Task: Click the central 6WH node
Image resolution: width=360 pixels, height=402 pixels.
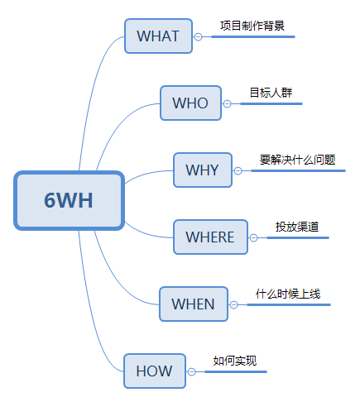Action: (69, 200)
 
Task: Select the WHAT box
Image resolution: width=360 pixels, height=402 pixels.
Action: (158, 36)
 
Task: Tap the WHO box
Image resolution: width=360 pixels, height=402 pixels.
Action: (190, 103)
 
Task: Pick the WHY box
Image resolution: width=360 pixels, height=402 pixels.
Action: (203, 170)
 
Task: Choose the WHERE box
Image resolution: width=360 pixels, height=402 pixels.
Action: (210, 237)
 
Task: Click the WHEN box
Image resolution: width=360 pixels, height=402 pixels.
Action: (194, 304)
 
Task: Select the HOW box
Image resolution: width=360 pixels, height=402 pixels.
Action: (155, 371)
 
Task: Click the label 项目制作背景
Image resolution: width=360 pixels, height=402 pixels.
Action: (252, 26)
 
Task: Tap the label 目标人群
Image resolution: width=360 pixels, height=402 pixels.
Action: (271, 93)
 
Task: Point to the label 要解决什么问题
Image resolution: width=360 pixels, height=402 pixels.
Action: (297, 160)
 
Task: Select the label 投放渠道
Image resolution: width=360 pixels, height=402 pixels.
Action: (297, 227)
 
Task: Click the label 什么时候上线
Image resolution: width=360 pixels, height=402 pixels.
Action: (288, 294)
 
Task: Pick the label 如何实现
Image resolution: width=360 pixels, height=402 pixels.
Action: (235, 361)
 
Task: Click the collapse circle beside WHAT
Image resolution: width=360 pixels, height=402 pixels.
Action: (198, 36)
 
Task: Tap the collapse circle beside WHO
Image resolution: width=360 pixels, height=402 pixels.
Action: (227, 103)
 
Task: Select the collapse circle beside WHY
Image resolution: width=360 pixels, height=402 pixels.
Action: (238, 171)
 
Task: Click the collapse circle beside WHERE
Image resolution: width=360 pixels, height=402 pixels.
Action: (253, 237)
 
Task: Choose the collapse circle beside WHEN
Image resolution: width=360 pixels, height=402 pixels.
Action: (233, 304)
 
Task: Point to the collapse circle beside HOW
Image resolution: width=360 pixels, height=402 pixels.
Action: (191, 372)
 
